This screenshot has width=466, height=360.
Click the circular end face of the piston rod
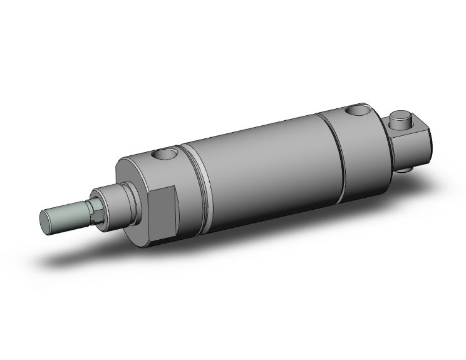[x=46, y=219]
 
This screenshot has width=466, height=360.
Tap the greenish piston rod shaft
[x=66, y=212]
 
